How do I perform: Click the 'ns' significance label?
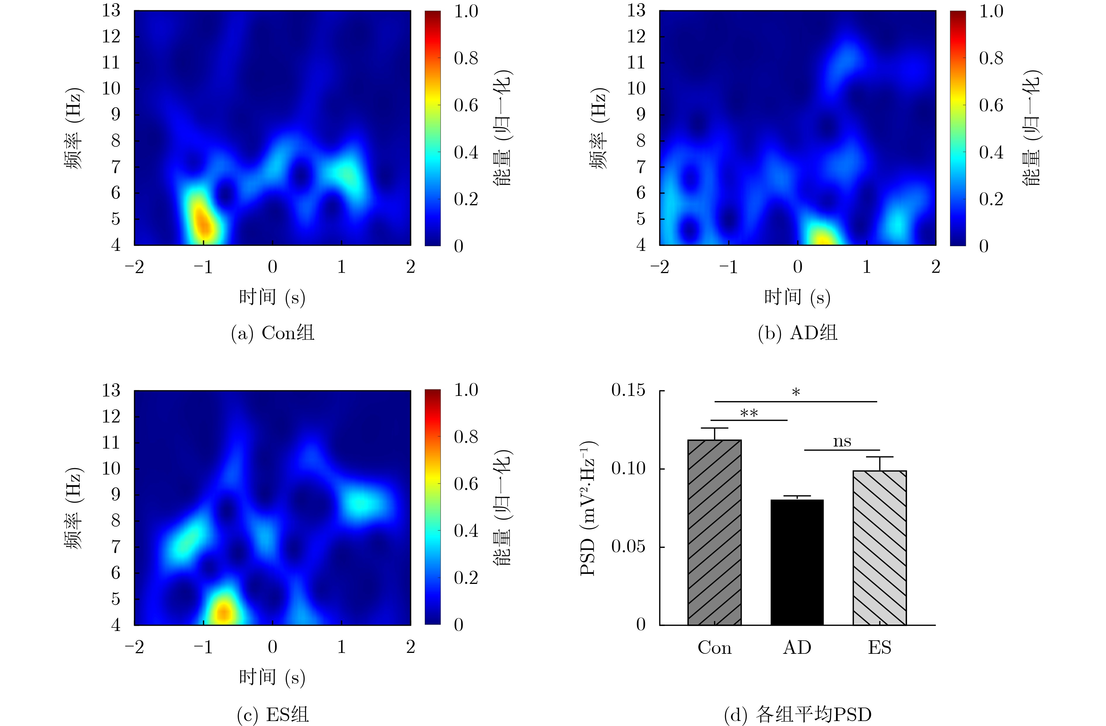[x=842, y=441]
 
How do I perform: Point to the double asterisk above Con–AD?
[x=749, y=413]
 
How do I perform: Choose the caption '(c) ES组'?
[x=273, y=714]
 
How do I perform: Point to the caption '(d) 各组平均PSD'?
[x=797, y=714]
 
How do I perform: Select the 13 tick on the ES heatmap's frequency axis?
[x=111, y=390]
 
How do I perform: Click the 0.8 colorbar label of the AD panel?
[x=991, y=58]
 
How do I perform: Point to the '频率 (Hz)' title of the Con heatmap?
[x=74, y=128]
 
